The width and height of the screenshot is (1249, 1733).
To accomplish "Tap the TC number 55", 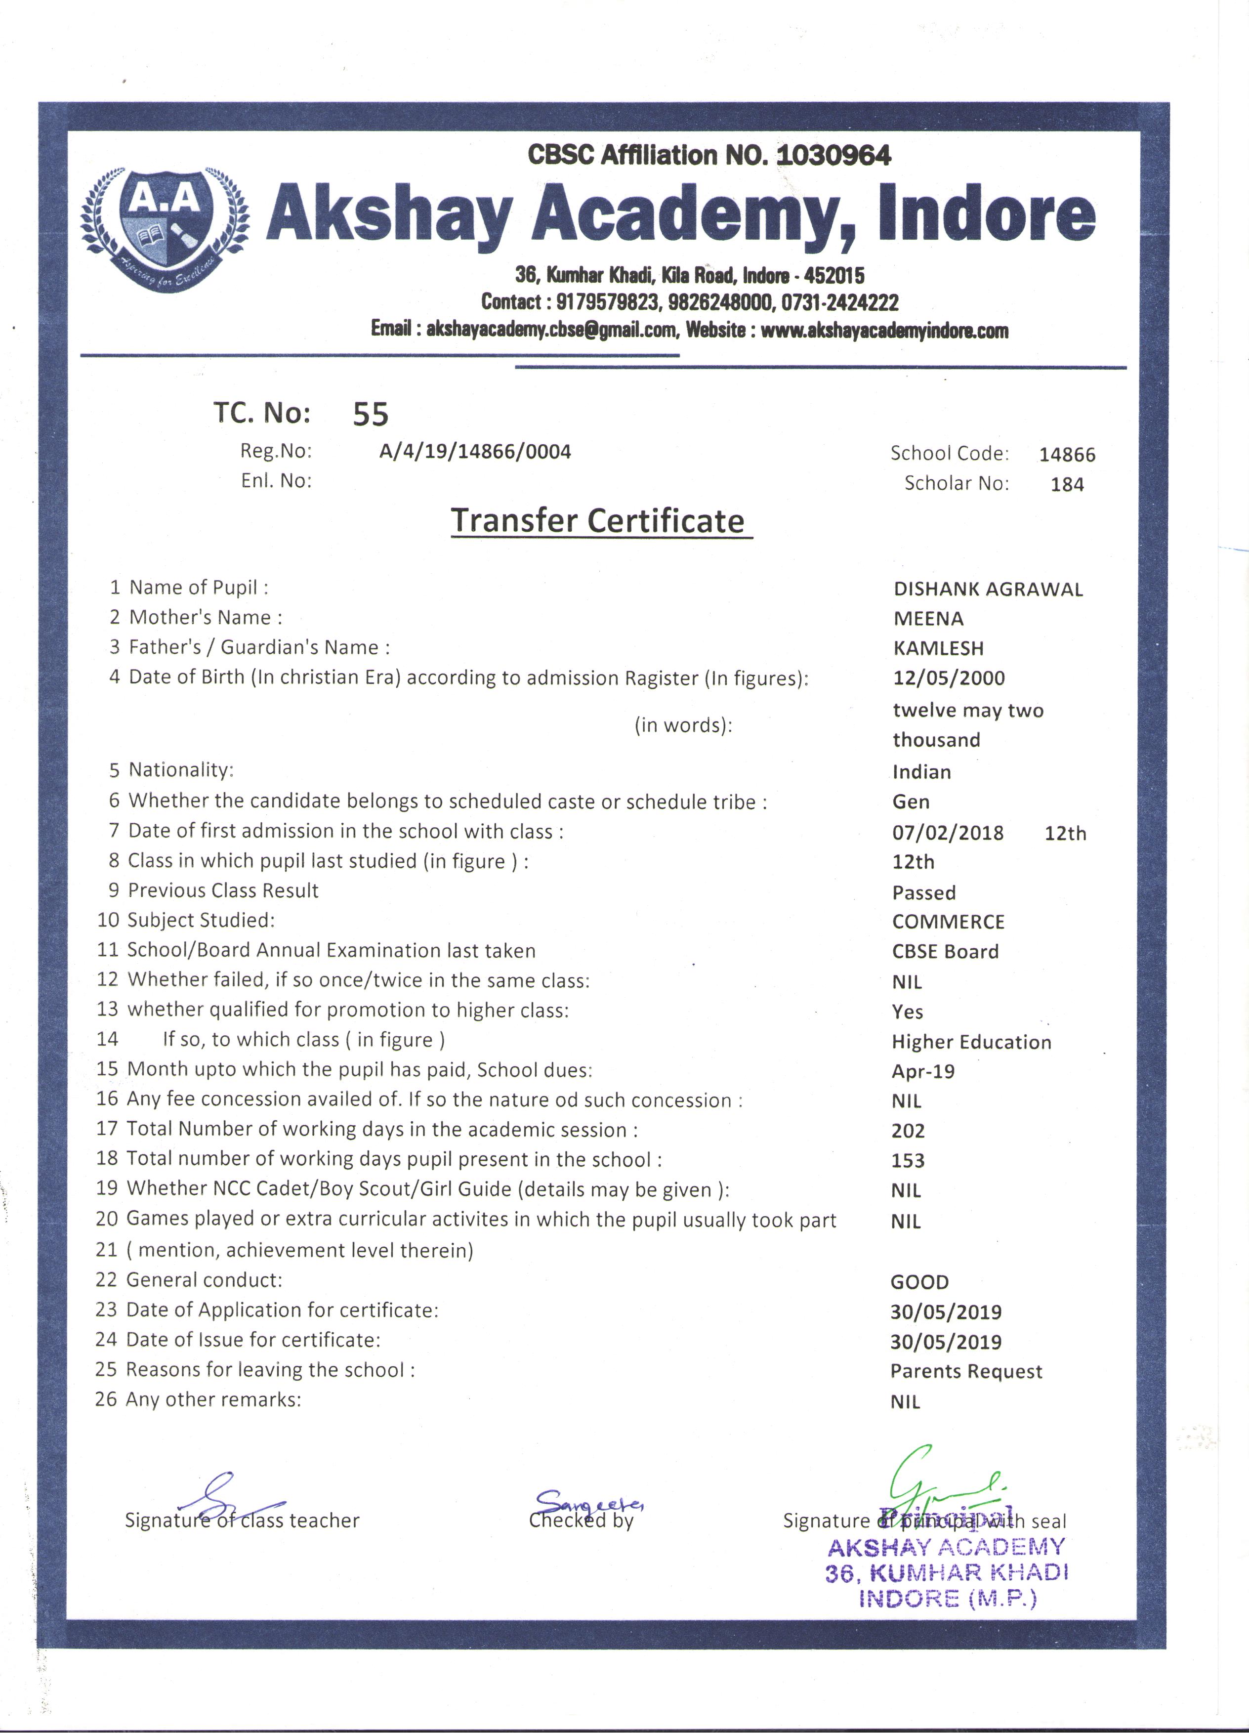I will click(x=371, y=414).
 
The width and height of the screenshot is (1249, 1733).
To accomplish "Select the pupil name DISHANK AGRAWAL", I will click(x=988, y=589).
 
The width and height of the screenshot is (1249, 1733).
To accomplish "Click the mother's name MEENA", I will click(x=928, y=619).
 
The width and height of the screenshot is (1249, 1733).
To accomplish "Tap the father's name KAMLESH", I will click(x=938, y=649).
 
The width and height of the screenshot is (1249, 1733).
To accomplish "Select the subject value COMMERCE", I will click(x=948, y=922).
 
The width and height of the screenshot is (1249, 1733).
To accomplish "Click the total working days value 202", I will click(x=908, y=1131).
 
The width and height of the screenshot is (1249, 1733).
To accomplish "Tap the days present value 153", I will click(x=908, y=1161).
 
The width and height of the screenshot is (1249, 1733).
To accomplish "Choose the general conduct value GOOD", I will click(x=919, y=1282).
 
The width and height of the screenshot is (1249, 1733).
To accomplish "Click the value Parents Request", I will click(x=965, y=1372).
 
